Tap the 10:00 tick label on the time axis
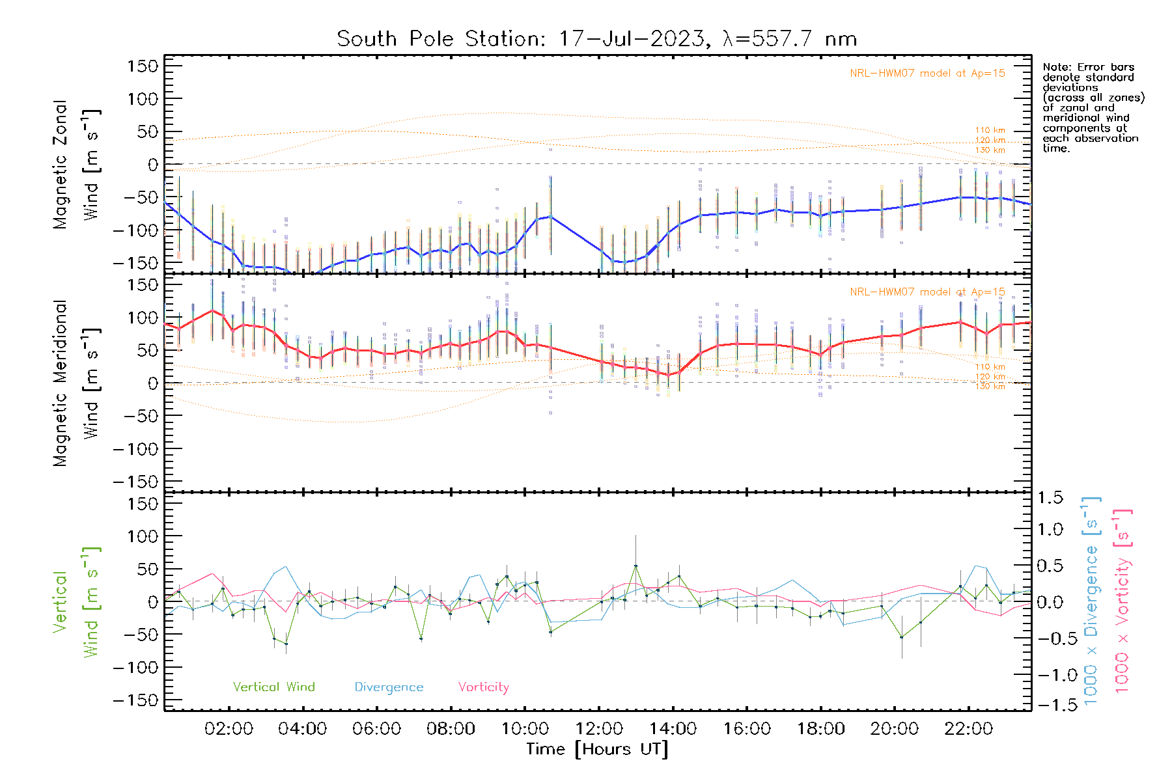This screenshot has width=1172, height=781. pyautogui.click(x=525, y=728)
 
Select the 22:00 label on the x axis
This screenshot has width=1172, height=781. pyautogui.click(x=968, y=728)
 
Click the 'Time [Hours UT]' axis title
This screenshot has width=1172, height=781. pyautogui.click(x=597, y=749)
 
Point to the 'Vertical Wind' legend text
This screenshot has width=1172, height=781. pyautogui.click(x=273, y=687)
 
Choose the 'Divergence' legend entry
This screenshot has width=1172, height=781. pyautogui.click(x=389, y=687)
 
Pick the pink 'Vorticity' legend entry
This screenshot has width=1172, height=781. pyautogui.click(x=483, y=687)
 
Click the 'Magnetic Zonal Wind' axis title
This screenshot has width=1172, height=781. pyautogui.click(x=76, y=165)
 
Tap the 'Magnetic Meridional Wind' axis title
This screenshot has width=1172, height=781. pyautogui.click(x=76, y=383)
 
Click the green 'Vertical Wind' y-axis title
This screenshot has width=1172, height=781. pyautogui.click(x=76, y=602)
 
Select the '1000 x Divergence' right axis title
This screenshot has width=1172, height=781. pyautogui.click(x=1091, y=602)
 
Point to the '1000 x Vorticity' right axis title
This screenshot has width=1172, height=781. pyautogui.click(x=1122, y=602)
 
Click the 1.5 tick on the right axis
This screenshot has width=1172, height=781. pyautogui.click(x=1050, y=498)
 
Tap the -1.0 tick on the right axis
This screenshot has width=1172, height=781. pyautogui.click(x=1050, y=675)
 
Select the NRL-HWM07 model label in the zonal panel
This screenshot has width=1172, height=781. pyautogui.click(x=927, y=74)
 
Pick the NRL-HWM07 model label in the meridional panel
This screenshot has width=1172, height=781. pyautogui.click(x=927, y=292)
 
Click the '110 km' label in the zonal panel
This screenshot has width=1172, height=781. pyautogui.click(x=990, y=130)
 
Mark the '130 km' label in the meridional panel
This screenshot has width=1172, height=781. pyautogui.click(x=990, y=387)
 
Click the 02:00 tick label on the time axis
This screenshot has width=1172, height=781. pyautogui.click(x=229, y=728)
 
